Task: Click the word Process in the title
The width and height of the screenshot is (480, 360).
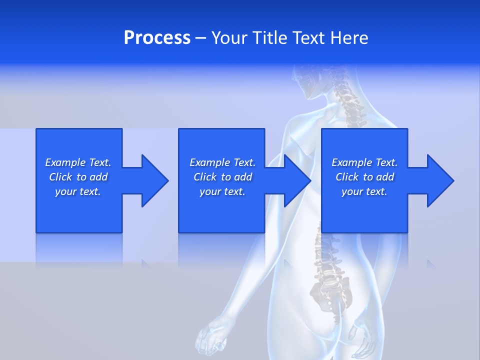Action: click(x=157, y=38)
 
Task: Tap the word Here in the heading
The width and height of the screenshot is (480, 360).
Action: click(x=349, y=38)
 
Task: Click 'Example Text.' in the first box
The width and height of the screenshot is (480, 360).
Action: click(x=78, y=162)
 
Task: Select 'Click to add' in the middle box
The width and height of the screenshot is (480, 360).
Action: click(x=222, y=177)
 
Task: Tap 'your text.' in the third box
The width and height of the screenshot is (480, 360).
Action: click(x=364, y=191)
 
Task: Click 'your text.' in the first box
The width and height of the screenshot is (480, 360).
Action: click(x=78, y=191)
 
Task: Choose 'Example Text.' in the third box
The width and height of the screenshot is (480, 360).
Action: click(x=364, y=162)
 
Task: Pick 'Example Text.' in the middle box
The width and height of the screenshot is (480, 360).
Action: click(x=222, y=162)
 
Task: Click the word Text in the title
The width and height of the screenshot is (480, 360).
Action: click(x=308, y=38)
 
